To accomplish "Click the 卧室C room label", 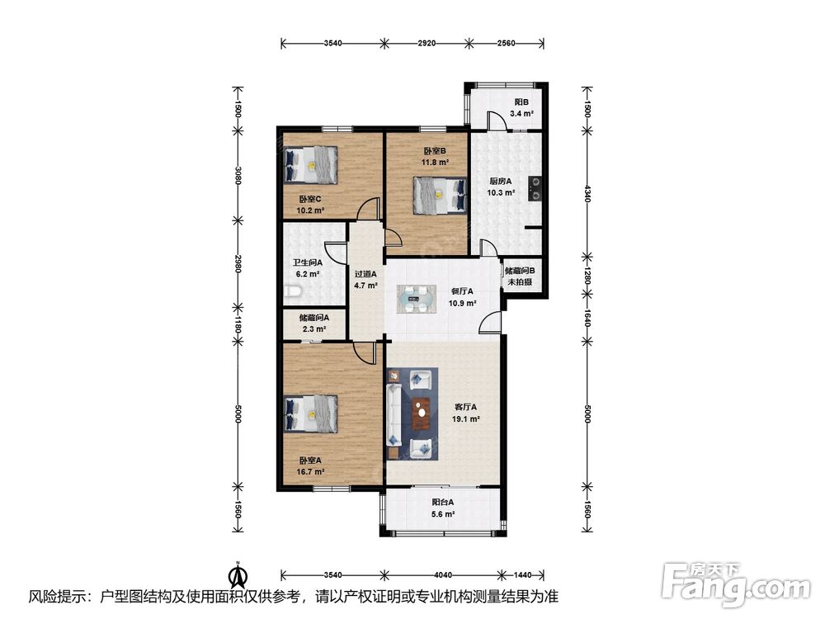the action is click(x=310, y=199).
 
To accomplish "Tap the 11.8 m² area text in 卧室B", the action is click(x=435, y=162).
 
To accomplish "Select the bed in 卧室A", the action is click(x=310, y=413).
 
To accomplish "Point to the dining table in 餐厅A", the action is click(x=416, y=300).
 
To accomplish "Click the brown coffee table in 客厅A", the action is click(x=422, y=413).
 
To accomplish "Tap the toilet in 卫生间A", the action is click(x=293, y=291).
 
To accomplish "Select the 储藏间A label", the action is click(x=314, y=318).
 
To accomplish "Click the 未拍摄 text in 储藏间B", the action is click(x=520, y=281).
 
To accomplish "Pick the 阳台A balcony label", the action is click(x=442, y=503).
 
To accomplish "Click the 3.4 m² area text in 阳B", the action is click(x=521, y=113).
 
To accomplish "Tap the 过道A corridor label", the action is click(x=365, y=274).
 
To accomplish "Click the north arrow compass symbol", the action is click(x=238, y=574).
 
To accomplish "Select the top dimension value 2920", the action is click(x=427, y=43).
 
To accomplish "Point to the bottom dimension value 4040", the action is click(x=445, y=574).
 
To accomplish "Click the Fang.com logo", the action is click(x=736, y=584).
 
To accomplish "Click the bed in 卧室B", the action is click(x=440, y=196).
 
